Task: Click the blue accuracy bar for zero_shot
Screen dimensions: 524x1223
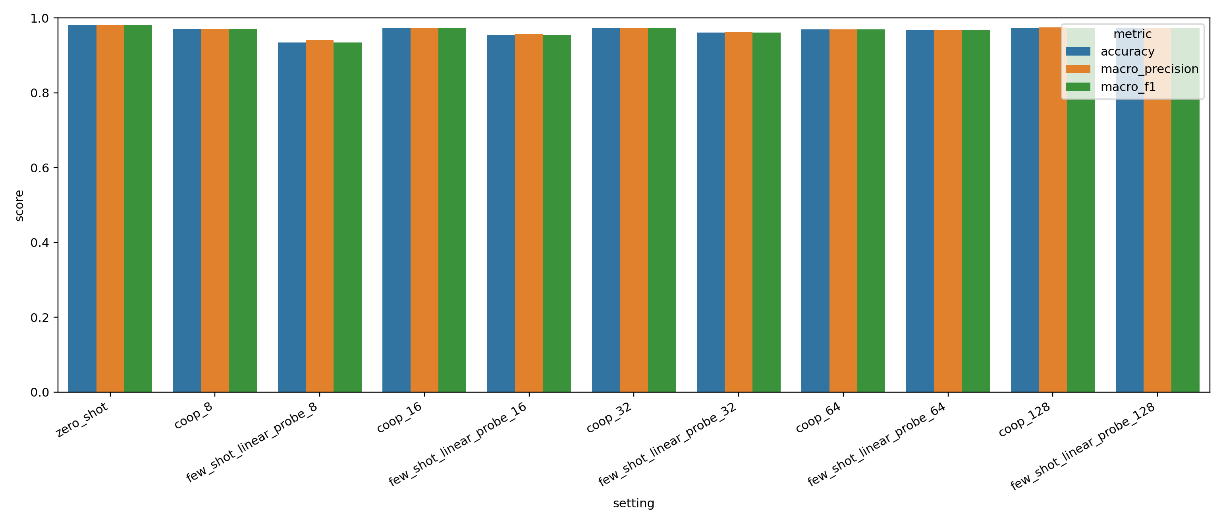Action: [82, 209]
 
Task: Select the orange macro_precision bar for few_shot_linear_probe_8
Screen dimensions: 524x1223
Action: [320, 216]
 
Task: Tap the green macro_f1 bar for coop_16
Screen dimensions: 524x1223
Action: [452, 210]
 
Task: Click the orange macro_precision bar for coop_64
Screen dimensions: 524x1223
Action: [843, 211]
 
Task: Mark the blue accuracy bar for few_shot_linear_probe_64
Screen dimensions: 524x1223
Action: [920, 211]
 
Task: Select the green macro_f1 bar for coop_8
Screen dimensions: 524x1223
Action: [243, 211]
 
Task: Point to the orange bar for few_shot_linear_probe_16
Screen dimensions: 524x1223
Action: [529, 213]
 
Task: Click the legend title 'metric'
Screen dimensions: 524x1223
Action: [1132, 34]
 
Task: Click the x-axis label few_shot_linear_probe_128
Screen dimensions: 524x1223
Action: [1082, 447]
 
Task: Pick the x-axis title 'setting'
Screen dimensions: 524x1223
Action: [633, 503]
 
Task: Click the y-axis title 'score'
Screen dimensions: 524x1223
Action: [19, 206]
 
